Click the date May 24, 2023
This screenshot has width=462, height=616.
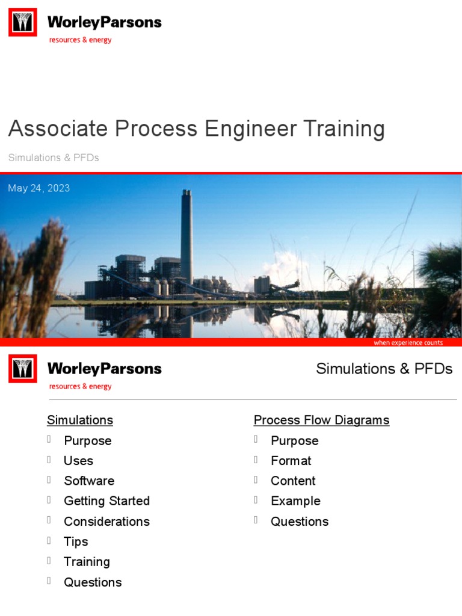coord(39,188)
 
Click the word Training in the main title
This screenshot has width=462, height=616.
coord(343,129)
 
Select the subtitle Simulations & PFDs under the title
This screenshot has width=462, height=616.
coord(54,158)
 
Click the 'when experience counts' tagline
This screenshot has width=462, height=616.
coord(408,343)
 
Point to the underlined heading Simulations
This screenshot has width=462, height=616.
coord(80,420)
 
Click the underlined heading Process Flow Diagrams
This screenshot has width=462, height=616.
coord(321,420)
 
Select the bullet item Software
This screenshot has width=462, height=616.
coord(89,481)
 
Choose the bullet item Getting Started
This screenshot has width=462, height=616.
coord(106,500)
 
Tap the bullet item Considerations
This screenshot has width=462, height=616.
coord(106,521)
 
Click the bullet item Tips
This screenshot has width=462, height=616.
coord(76,541)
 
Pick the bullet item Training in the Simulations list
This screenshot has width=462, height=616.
coord(87,561)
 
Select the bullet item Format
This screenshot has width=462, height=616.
coord(291,460)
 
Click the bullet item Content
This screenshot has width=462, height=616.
coord(293,481)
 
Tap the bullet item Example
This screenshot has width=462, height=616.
coord(295,500)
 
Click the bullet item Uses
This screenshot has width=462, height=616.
coord(78,460)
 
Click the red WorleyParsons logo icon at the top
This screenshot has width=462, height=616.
coord(23,22)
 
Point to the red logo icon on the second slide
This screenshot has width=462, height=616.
coord(23,369)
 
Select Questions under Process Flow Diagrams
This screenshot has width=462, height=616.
coord(300,521)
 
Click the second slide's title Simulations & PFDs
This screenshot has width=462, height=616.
coord(384,369)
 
